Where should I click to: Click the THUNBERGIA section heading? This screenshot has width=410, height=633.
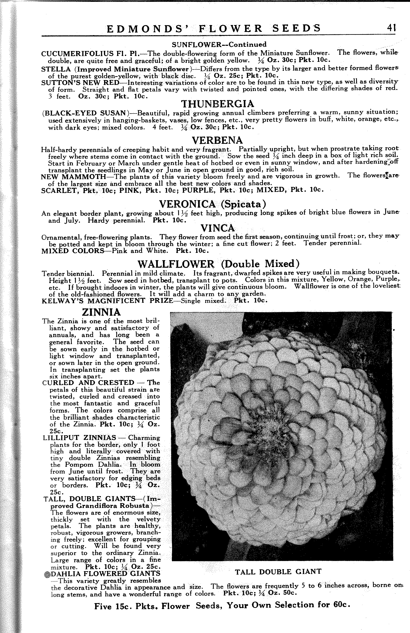pos(217,104)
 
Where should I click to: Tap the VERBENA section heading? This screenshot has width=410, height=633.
pos(217,140)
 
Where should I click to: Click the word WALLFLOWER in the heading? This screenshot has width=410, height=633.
pos(176,264)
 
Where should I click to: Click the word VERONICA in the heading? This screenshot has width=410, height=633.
pos(187,204)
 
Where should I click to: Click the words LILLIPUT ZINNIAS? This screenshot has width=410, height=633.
pos(80,438)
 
